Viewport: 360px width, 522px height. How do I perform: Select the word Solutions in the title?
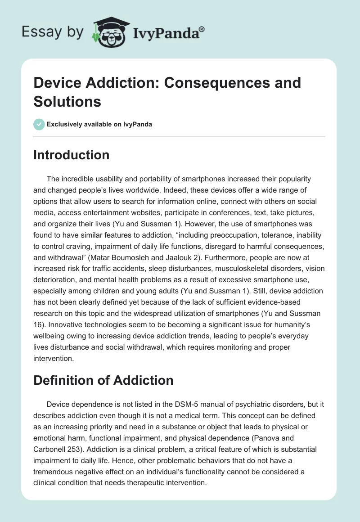tap(67, 101)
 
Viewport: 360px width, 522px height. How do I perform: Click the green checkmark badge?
tap(39, 124)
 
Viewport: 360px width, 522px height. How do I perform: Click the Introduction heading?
tap(72, 155)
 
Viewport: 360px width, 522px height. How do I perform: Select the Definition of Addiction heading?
tap(103, 380)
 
